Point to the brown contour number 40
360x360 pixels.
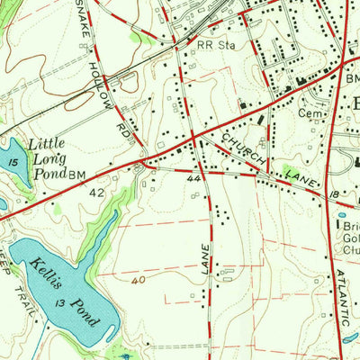click(138, 281)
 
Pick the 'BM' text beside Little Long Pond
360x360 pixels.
click(78, 174)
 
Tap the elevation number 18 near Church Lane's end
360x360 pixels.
click(332, 193)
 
